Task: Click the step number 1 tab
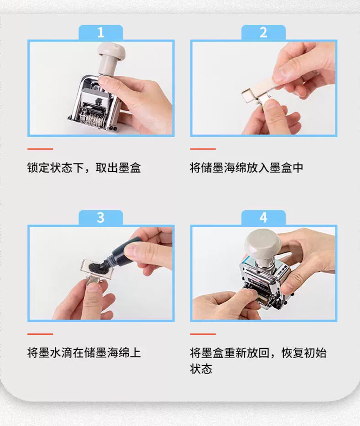click(101, 32)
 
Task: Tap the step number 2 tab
click(263, 32)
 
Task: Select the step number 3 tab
click(101, 217)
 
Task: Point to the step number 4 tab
click(263, 217)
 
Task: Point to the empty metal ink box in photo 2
click(249, 96)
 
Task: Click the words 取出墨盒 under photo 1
click(118, 168)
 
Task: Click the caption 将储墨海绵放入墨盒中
click(247, 168)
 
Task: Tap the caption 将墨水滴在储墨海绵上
click(84, 353)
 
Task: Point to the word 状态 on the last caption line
click(201, 369)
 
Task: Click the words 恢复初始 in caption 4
click(304, 353)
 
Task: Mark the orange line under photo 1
click(40, 149)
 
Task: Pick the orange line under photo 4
click(203, 334)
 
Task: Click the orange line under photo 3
click(40, 334)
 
